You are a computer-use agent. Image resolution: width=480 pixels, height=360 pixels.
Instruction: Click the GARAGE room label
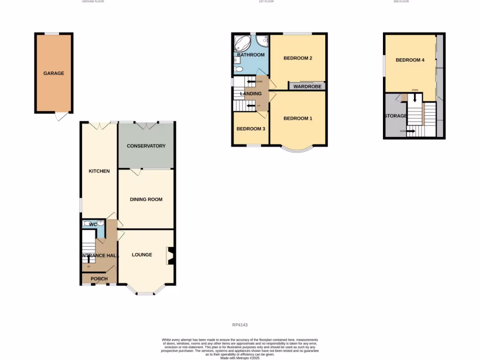pos(54,73)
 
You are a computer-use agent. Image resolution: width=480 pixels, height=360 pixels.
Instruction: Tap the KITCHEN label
pos(99,171)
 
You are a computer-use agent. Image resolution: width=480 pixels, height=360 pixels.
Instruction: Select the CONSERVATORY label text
pos(146,146)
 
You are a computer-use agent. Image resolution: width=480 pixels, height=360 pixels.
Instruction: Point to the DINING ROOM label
pos(146,199)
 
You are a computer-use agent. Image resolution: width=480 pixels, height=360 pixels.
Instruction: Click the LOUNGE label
pos(142,255)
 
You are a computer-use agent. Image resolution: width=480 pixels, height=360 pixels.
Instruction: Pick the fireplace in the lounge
pos(170,256)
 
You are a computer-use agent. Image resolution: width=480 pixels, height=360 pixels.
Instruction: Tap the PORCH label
pos(99,279)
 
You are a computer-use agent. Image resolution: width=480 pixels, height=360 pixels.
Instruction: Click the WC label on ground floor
pos(93,225)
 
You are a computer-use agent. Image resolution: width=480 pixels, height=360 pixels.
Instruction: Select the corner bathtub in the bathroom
pos(243,43)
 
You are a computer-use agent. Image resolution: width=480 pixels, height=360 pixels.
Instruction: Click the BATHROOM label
pos(251,55)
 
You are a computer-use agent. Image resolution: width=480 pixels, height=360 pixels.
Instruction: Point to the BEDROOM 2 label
pos(298,58)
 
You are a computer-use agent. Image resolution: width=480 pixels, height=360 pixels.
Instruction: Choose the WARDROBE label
pos(307,87)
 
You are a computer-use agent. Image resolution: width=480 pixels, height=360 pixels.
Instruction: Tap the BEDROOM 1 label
pos(298,118)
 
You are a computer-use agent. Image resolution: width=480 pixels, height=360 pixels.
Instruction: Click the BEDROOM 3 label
pos(251,129)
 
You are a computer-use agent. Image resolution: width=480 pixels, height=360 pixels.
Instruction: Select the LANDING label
pos(251,94)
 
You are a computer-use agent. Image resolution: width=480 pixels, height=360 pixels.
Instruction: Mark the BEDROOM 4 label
pos(410,60)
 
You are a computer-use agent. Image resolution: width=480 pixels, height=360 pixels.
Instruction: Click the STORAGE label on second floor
pos(396,116)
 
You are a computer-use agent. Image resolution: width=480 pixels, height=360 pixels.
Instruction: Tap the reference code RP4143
pos(240,325)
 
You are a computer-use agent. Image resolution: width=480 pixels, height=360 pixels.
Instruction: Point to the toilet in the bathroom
pos(238,69)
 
